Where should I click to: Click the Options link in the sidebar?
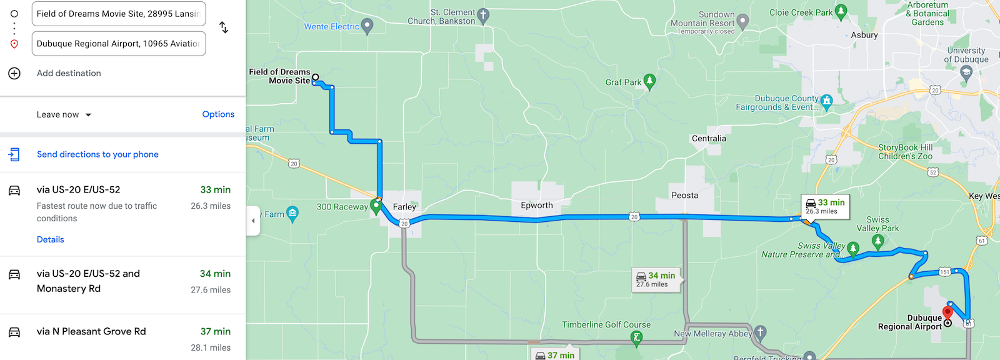(218, 114)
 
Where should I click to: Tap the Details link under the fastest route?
(50, 239)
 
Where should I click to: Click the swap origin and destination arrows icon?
(224, 27)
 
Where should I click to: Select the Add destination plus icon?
(14, 73)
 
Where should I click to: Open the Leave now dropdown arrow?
(88, 115)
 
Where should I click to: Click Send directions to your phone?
(97, 154)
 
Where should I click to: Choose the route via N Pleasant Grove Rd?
(91, 332)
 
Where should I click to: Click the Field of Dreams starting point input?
(118, 14)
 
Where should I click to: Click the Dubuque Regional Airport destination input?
(118, 44)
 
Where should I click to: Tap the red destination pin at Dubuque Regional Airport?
(947, 312)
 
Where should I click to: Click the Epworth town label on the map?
(537, 206)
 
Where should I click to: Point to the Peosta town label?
(684, 196)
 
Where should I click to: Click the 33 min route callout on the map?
(825, 206)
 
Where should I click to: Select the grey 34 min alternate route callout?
(656, 279)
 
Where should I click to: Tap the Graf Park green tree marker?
(650, 81)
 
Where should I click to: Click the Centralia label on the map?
(709, 139)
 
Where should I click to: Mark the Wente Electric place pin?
(367, 26)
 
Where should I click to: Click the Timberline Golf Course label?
(606, 325)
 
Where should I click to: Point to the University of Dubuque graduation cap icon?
(966, 73)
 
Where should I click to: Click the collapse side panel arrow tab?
(252, 221)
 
